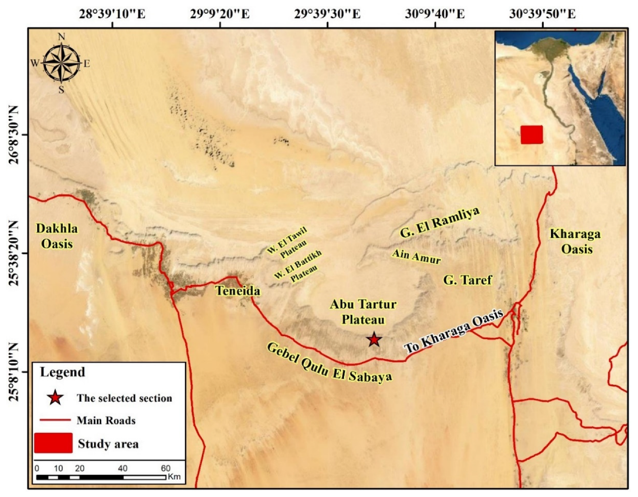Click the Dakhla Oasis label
pyautogui.click(x=57, y=236)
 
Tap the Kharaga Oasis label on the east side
pyautogui.click(x=575, y=241)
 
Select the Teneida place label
pyautogui.click(x=238, y=291)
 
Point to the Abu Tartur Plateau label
pyautogui.click(x=363, y=312)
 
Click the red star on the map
pyautogui.click(x=374, y=340)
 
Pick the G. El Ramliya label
pyautogui.click(x=440, y=222)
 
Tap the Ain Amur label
pyautogui.click(x=416, y=256)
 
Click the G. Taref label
pyautogui.click(x=468, y=280)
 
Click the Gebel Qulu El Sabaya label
pyautogui.click(x=329, y=362)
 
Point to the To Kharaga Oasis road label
pyautogui.click(x=454, y=331)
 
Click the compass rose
pyautogui.click(x=61, y=63)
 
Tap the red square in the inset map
pyautogui.click(x=531, y=135)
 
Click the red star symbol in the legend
pyautogui.click(x=55, y=397)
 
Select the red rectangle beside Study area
pyautogui.click(x=53, y=443)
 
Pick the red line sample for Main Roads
pyautogui.click(x=55, y=420)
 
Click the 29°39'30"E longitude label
pyautogui.click(x=327, y=14)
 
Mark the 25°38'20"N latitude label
pyautogui.click(x=14, y=253)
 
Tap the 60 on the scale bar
pyautogui.click(x=166, y=468)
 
